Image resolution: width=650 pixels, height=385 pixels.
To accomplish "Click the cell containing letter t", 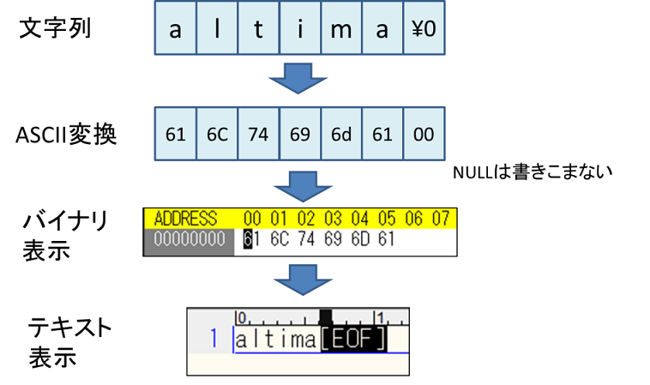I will pyautogui.click(x=258, y=29).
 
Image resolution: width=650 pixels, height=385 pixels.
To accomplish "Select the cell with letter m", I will pyautogui.click(x=340, y=29).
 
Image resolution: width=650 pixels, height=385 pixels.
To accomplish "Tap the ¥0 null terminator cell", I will pyautogui.click(x=424, y=29).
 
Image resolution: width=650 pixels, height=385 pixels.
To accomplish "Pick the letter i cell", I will pyautogui.click(x=299, y=29).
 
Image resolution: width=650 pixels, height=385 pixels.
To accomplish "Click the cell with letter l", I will pyautogui.click(x=217, y=29).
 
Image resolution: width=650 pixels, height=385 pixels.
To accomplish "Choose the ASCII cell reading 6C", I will pyautogui.click(x=217, y=135).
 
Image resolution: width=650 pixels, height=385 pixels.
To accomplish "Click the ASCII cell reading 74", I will pyautogui.click(x=258, y=135).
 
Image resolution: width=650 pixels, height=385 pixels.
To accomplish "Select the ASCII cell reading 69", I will pyautogui.click(x=299, y=135).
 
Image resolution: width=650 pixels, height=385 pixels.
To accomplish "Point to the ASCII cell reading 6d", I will pyautogui.click(x=340, y=135).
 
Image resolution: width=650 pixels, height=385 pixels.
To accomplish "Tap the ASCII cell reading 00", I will pyautogui.click(x=424, y=135).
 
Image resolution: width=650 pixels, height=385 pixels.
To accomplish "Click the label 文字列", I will pyautogui.click(x=55, y=28).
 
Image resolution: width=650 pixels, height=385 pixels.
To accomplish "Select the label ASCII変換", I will pyautogui.click(x=67, y=135).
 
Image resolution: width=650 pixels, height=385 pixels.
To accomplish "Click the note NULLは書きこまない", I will pyautogui.click(x=533, y=172).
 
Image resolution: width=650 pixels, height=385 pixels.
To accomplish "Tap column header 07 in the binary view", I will pyautogui.click(x=440, y=218).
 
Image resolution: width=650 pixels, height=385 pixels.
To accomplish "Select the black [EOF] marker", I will pyautogui.click(x=353, y=340).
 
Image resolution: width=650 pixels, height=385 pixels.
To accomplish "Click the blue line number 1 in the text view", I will pyautogui.click(x=214, y=339).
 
